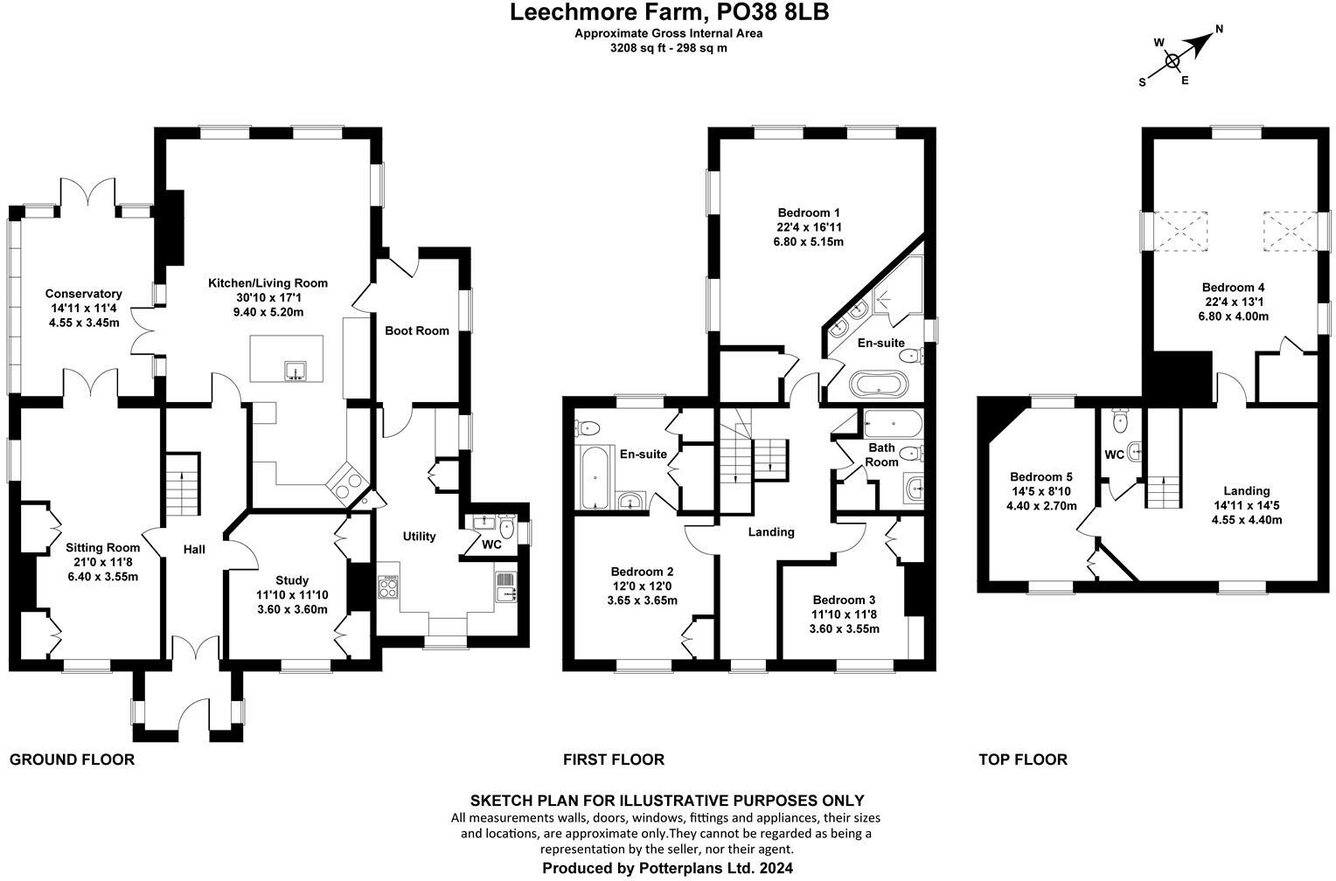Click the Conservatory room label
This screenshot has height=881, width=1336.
83,294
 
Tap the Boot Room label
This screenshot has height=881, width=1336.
417,330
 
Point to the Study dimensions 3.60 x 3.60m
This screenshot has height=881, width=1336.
292,609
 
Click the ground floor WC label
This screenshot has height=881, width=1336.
491,545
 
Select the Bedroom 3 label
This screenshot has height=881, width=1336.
844,600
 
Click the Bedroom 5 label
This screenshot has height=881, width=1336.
1040,477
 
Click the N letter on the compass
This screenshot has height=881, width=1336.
1219,29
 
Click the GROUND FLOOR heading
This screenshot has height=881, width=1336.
72,760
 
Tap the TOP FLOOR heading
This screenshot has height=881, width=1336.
1022,760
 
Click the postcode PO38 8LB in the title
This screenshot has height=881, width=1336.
773,12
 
